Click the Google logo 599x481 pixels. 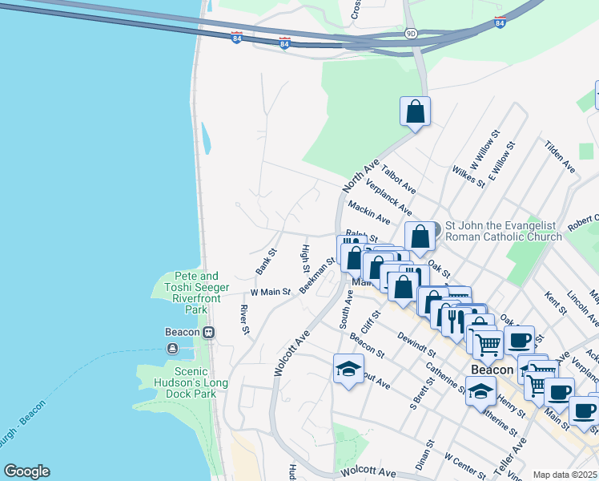click(x=26, y=471)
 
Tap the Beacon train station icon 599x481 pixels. click(x=208, y=332)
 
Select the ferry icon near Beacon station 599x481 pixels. click(x=172, y=348)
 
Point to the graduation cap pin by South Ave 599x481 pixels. click(x=348, y=370)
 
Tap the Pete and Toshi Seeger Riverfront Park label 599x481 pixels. click(x=191, y=293)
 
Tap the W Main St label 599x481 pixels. click(x=270, y=293)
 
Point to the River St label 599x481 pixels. click(x=245, y=319)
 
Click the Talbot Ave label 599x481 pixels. click(x=398, y=180)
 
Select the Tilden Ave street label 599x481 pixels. click(x=559, y=156)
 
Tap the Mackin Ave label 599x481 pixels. click(x=368, y=212)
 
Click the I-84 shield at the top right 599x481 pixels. click(x=500, y=22)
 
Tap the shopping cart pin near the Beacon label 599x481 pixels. click(x=488, y=346)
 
